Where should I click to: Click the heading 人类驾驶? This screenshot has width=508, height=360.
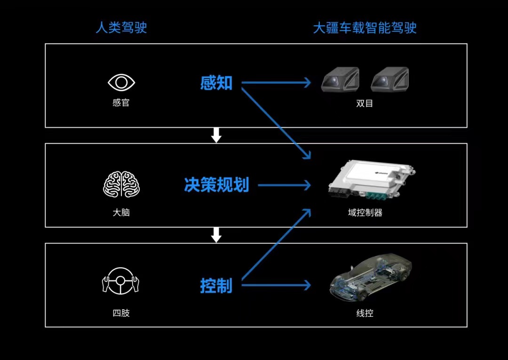(121, 27)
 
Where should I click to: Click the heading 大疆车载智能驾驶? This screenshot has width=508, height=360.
(365, 27)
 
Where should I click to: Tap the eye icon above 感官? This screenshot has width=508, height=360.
(121, 83)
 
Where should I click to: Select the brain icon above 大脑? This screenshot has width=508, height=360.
(121, 184)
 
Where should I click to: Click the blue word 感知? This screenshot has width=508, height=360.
(216, 83)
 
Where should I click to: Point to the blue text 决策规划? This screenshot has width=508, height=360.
(216, 185)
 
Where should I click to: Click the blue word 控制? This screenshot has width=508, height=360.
(216, 285)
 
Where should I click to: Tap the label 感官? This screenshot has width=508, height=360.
(121, 103)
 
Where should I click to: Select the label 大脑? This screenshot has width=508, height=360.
(121, 212)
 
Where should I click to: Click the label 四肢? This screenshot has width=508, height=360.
(121, 313)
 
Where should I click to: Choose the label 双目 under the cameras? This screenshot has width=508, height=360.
(365, 103)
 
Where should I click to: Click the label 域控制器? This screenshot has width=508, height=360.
(365, 213)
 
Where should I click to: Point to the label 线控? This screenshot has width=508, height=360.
(365, 313)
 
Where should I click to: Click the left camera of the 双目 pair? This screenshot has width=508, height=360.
(340, 79)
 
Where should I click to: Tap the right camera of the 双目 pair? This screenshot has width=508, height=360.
(389, 79)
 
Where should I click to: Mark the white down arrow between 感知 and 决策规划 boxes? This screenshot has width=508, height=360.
(216, 135)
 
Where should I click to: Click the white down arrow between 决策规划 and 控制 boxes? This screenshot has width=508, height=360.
(216, 235)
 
